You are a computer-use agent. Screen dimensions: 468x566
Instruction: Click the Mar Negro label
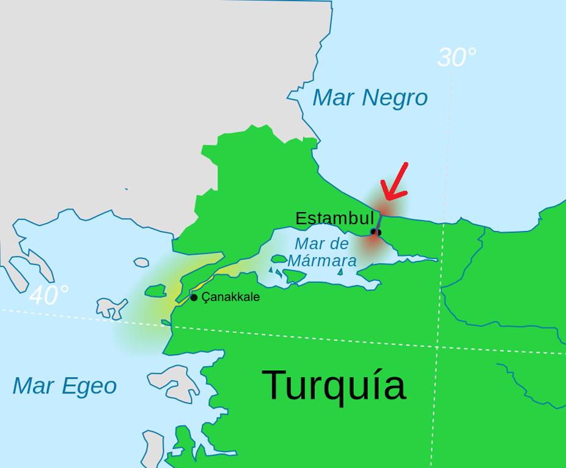click(370, 98)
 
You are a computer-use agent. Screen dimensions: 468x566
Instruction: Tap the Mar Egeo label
click(64, 386)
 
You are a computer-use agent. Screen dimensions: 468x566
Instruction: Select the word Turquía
click(334, 385)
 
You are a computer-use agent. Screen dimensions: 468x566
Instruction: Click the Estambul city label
click(334, 219)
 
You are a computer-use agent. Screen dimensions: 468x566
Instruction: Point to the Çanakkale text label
click(230, 297)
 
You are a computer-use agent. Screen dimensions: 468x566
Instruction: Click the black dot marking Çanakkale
click(194, 298)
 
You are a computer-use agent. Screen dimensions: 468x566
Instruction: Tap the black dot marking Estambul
click(376, 232)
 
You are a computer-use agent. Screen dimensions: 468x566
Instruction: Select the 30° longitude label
click(457, 58)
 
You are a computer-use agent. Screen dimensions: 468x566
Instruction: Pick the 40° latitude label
click(49, 296)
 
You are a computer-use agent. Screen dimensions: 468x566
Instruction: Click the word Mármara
click(322, 261)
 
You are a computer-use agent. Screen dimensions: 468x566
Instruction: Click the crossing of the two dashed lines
click(437, 347)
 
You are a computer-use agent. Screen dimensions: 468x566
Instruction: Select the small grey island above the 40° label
click(141, 262)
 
